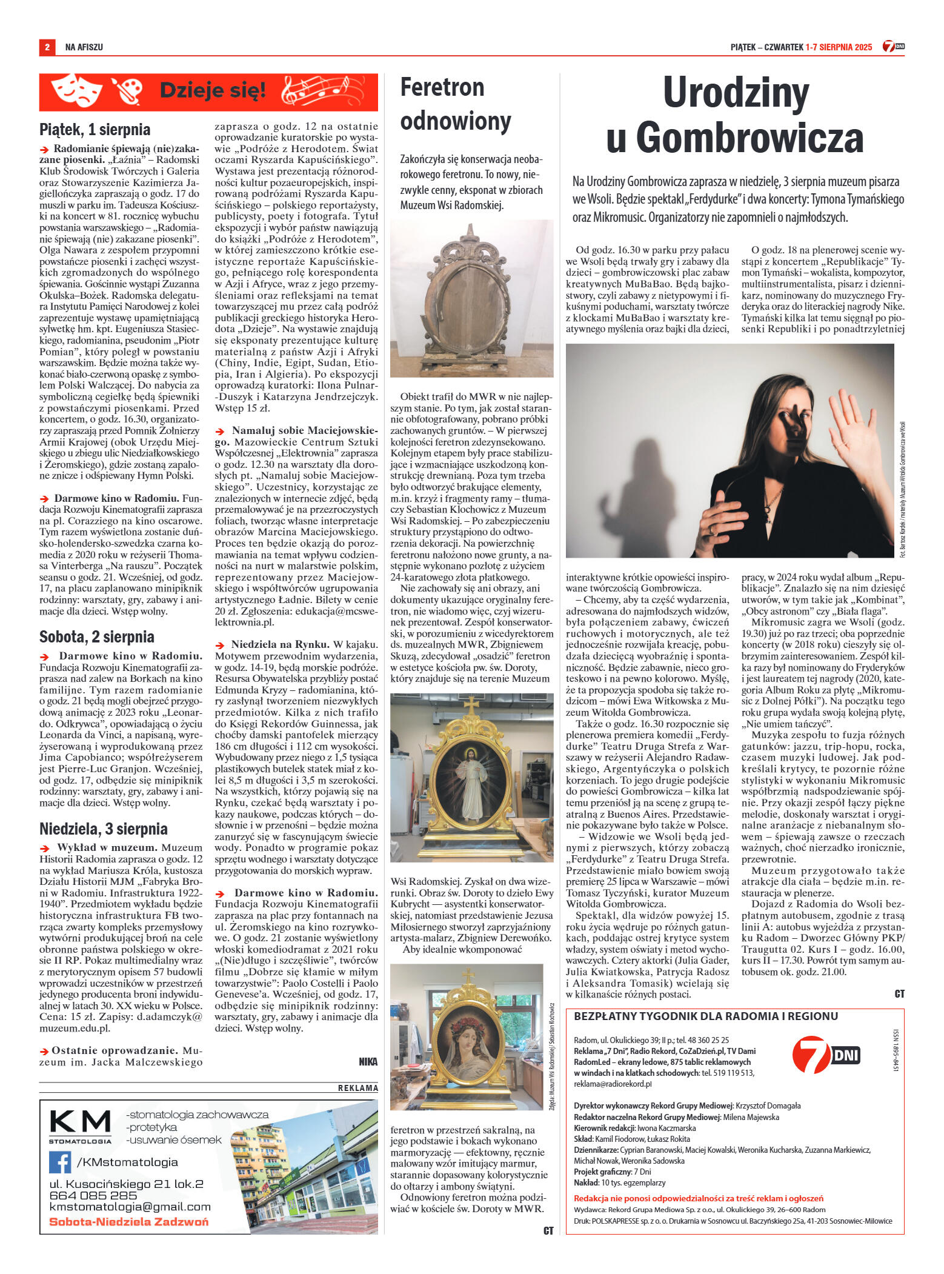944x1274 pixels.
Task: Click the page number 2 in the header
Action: click(x=47, y=47)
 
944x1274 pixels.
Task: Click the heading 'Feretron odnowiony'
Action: click(x=456, y=104)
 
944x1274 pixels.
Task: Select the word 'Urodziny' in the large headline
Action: click(x=736, y=93)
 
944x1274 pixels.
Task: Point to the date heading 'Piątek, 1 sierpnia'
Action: click(x=95, y=130)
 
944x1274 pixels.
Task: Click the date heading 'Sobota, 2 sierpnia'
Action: click(x=97, y=637)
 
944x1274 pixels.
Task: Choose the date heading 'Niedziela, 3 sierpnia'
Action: click(x=103, y=829)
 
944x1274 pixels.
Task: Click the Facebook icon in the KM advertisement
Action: click(x=61, y=1162)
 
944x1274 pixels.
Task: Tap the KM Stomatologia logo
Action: click(x=80, y=1126)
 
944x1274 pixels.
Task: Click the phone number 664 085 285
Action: click(x=93, y=1195)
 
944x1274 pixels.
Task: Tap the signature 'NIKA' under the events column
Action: click(x=368, y=1062)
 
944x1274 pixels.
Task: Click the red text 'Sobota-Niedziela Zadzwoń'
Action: click(x=128, y=1221)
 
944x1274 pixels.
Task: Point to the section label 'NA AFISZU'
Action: click(x=84, y=47)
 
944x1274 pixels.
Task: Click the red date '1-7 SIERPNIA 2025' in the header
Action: click(x=839, y=47)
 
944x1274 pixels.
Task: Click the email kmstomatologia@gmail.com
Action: click(x=130, y=1207)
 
